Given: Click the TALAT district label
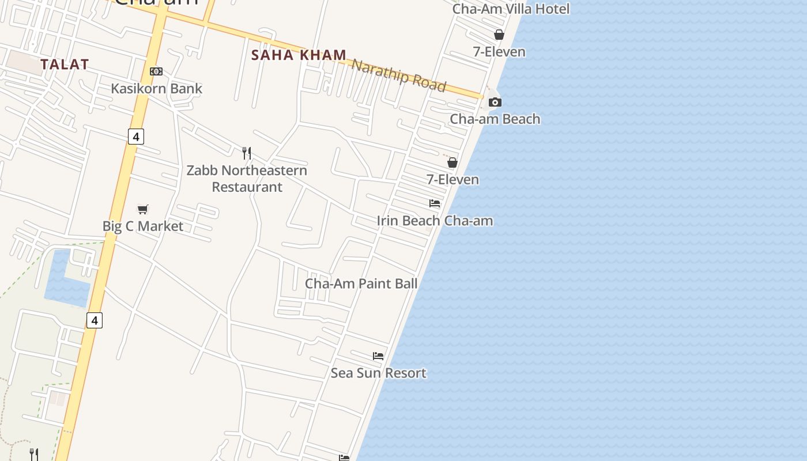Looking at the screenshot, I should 65,65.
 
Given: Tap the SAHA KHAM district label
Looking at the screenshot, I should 299,55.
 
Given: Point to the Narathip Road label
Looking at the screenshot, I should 399,75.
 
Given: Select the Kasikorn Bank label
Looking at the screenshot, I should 156,88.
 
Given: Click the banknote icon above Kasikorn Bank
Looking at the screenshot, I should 156,71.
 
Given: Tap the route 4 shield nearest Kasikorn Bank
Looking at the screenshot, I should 136,137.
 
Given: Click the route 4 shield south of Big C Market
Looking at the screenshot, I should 95,320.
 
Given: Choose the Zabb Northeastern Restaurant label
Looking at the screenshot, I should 247,179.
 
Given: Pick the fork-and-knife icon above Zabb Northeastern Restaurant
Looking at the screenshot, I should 247,153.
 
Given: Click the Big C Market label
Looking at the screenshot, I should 143,226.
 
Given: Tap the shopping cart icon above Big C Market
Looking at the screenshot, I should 143,209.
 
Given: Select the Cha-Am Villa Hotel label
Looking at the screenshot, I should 511,9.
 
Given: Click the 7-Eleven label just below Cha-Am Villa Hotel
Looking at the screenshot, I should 499,52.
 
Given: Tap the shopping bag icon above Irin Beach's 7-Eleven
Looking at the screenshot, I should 452,163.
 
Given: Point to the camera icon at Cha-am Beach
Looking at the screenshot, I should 495,102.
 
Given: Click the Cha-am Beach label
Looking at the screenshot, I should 495,119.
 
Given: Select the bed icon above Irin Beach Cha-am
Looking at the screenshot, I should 435,203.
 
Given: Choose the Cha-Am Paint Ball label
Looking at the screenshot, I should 361,284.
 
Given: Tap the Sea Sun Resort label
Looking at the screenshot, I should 378,373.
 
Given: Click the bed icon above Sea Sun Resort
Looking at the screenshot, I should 378,356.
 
